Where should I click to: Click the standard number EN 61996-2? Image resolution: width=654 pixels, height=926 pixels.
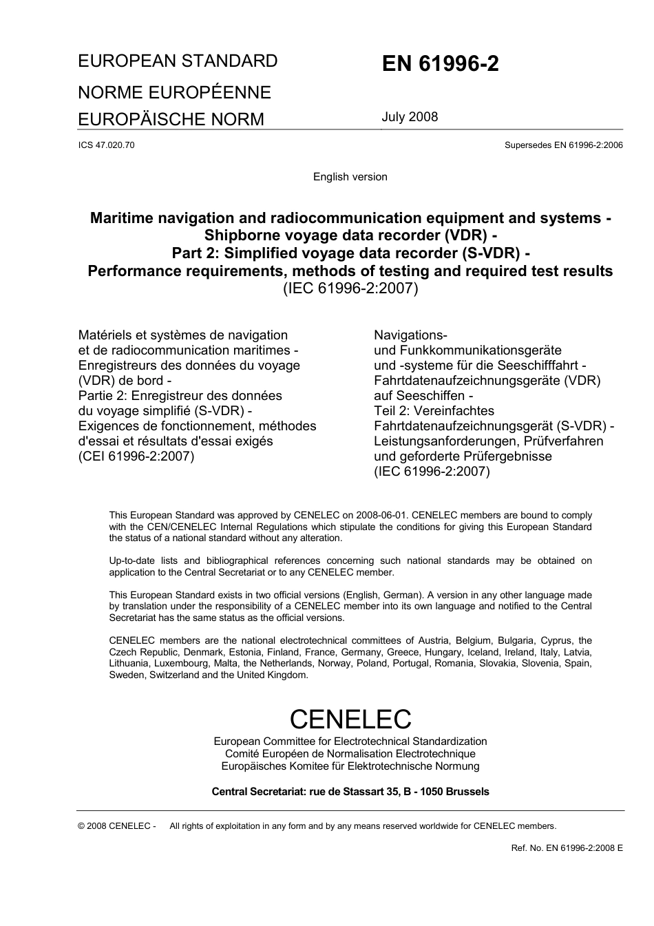441,64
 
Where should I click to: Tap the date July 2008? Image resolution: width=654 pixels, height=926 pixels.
410,116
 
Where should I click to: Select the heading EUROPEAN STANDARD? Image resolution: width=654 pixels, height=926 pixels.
178,61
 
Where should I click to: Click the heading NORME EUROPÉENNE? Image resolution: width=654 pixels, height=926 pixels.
174,92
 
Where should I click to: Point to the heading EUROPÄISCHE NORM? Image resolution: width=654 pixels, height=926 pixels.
171,119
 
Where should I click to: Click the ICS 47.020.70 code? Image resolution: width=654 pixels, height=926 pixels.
107,145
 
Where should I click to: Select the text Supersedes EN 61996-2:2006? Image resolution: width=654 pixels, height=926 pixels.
563,145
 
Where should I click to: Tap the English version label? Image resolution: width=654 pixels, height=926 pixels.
350,177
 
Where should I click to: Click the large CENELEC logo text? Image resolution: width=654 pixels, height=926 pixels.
350,719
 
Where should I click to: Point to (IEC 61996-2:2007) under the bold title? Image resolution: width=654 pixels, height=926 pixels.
350,288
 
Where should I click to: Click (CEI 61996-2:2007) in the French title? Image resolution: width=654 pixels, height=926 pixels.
136,456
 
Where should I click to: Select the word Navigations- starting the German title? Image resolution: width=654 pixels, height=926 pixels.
410,335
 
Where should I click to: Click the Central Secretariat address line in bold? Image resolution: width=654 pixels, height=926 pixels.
350,792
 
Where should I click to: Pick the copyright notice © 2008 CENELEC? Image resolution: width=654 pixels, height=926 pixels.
117,826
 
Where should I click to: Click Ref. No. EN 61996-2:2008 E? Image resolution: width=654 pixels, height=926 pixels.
567,848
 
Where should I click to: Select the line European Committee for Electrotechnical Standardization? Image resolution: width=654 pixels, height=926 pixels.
350,741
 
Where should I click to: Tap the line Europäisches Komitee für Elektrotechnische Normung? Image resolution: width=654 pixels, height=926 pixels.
350,766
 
